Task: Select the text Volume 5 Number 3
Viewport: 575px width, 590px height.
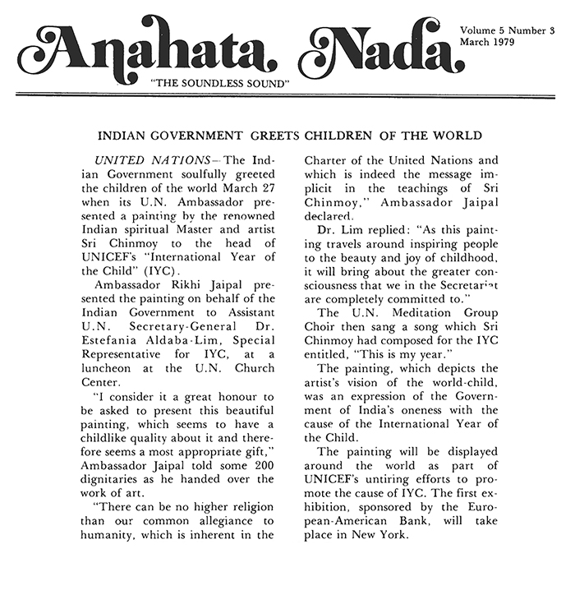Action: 512,30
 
